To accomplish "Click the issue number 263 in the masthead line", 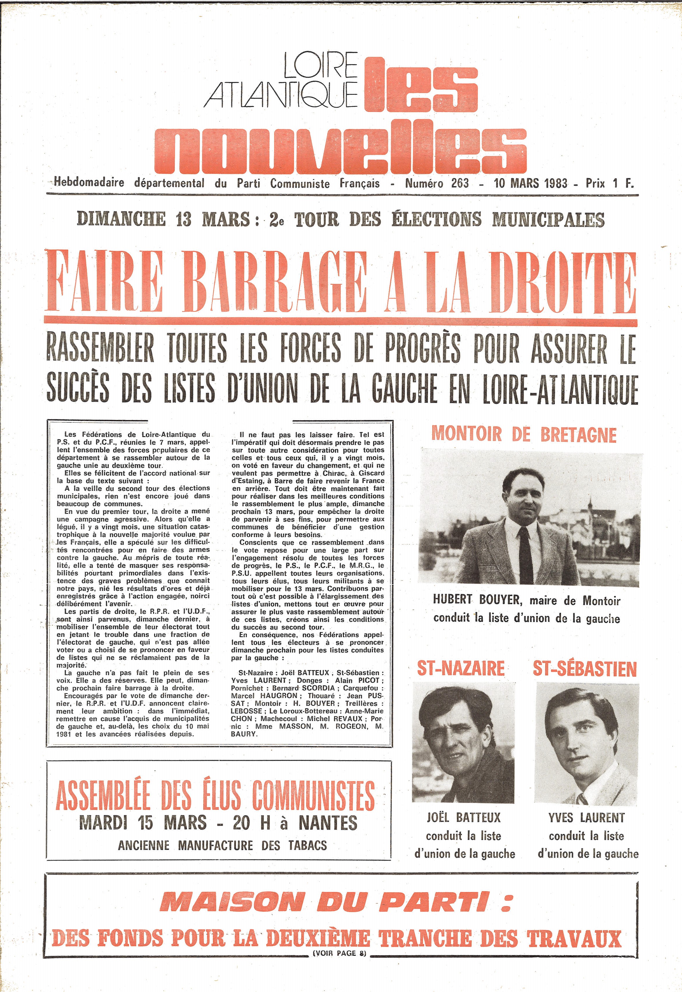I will (x=459, y=184).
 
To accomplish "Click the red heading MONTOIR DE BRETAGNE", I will (x=524, y=435).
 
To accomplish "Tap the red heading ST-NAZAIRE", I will (x=461, y=669).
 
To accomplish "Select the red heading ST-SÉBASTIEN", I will (x=585, y=669).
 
